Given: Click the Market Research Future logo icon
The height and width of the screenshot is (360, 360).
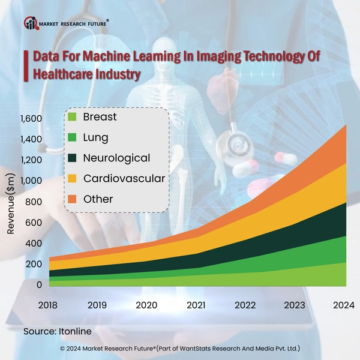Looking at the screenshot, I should pos(31,23).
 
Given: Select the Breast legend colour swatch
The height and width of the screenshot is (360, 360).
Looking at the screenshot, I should pos(72,117).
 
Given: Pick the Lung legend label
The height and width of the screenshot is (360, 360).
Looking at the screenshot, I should pos(96,137).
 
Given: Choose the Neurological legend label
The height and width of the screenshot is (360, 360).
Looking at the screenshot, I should pos(116,158).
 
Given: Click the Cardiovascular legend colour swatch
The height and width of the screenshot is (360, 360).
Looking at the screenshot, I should pos(72,178).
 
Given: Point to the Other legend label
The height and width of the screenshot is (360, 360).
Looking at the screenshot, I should pos(98,199).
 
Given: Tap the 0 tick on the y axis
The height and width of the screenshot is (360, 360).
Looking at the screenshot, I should pos(38,284).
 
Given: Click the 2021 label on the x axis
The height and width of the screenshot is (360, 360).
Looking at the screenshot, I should pos(197,305).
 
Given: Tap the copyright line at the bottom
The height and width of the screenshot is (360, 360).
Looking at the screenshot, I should pos(180,348).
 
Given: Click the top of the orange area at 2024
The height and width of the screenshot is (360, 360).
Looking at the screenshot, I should pos(345,127).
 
